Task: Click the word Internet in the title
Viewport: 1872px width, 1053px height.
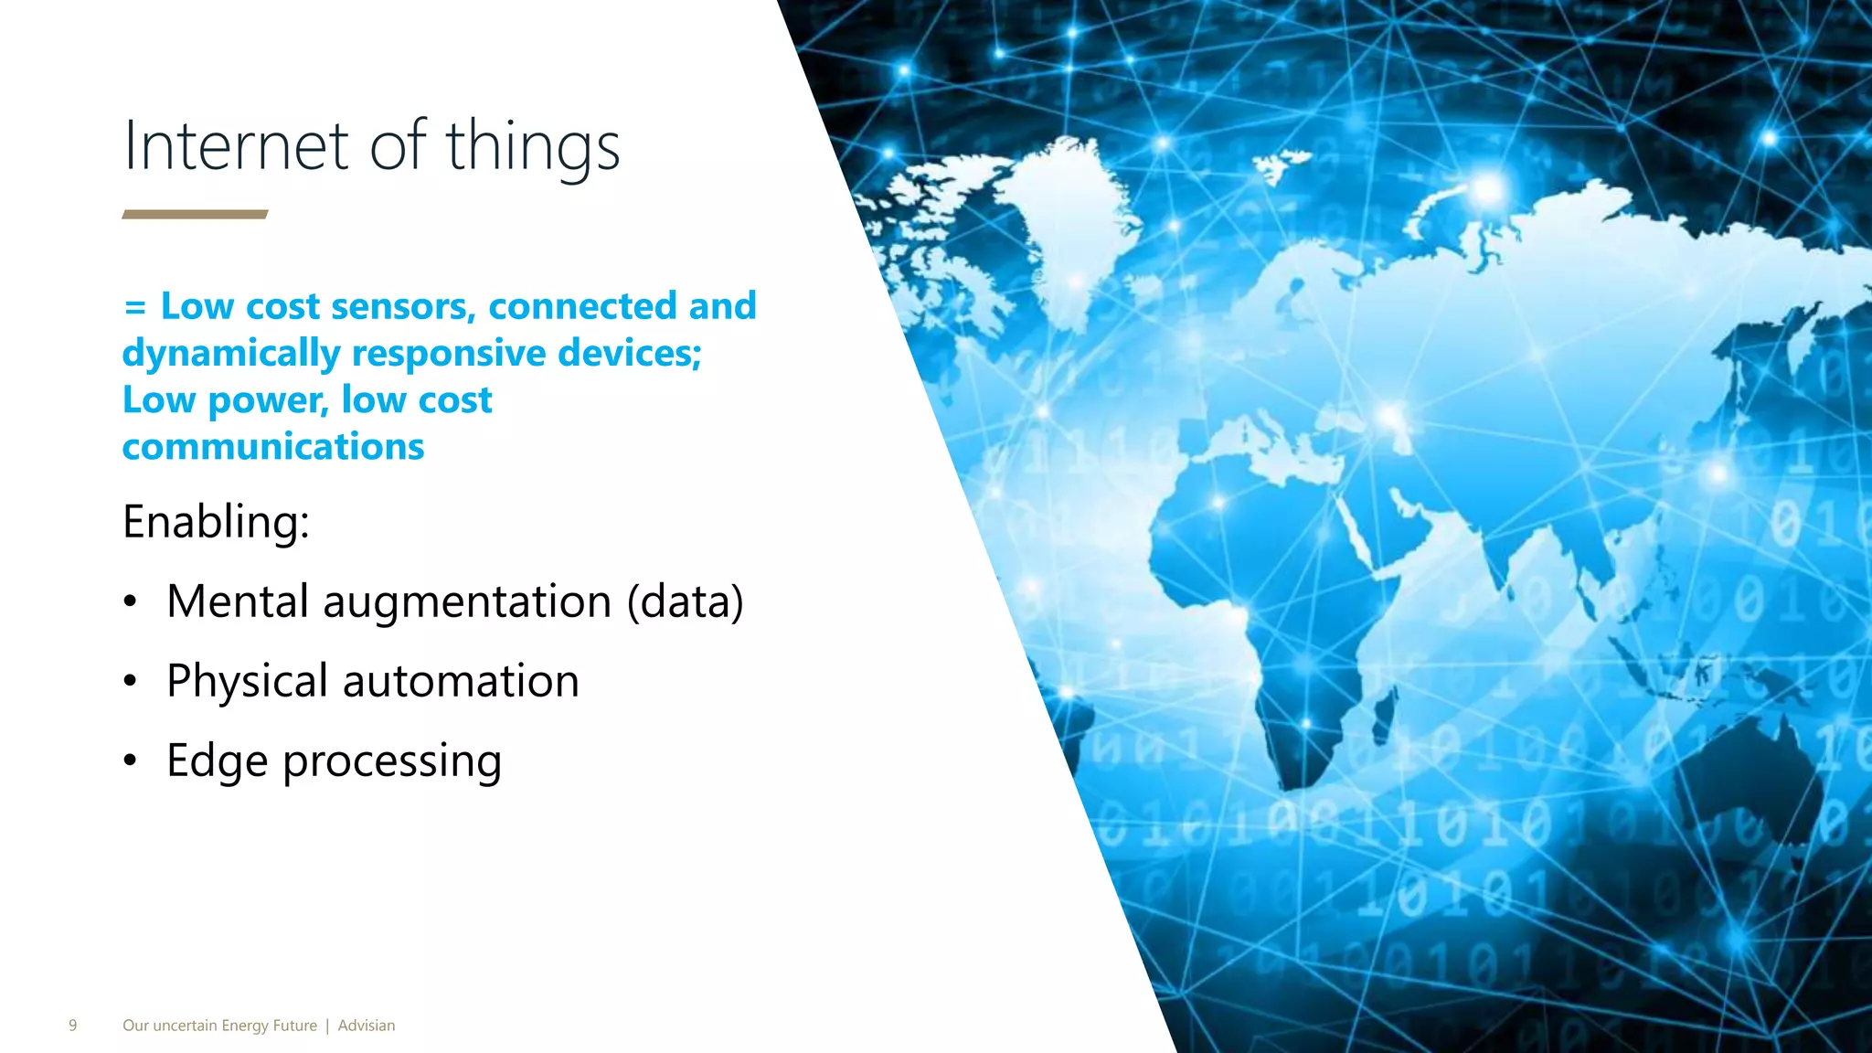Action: pos(236,146)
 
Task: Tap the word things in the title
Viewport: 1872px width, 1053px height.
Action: pos(532,146)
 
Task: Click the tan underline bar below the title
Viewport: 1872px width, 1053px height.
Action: pos(195,215)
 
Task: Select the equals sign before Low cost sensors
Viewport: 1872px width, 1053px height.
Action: pos(134,307)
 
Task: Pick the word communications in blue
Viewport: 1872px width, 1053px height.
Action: pos(272,447)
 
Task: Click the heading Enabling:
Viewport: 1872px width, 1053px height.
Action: pos(216,522)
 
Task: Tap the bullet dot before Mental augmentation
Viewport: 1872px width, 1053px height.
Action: pos(131,602)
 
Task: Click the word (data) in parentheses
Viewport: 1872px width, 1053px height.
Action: pos(685,602)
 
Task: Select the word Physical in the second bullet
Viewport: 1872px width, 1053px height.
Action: pos(247,682)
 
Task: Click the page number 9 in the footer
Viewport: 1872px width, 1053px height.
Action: pos(73,1026)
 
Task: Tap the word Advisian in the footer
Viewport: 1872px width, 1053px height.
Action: pos(367,1026)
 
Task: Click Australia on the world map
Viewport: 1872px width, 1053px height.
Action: pos(1737,777)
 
